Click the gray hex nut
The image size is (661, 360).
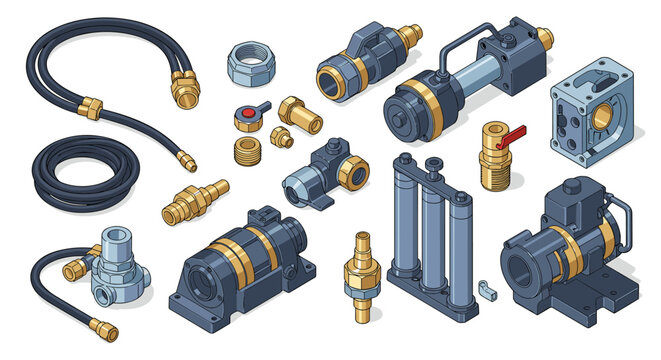pyautogui.click(x=245, y=66)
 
